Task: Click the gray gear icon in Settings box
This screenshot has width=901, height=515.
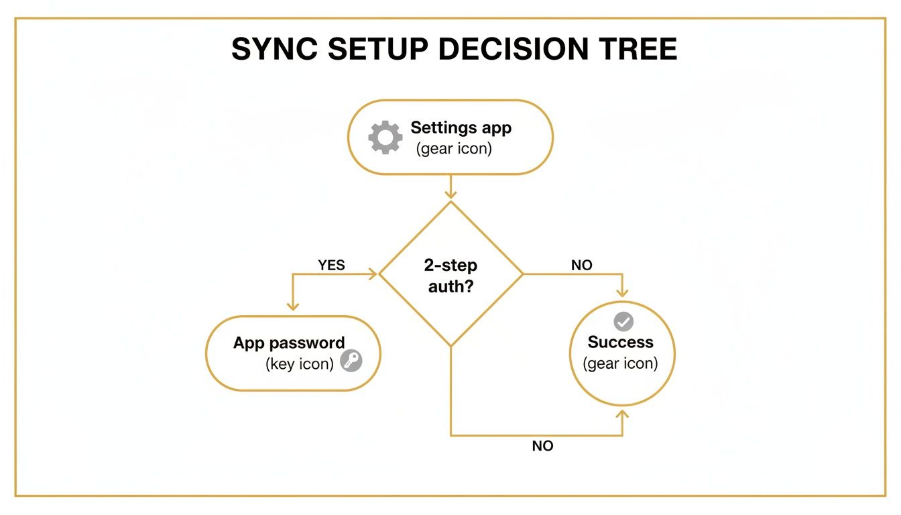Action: pyautogui.click(x=385, y=137)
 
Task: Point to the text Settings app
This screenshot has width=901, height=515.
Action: pyautogui.click(x=461, y=127)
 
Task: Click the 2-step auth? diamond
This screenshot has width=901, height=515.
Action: pyautogui.click(x=450, y=274)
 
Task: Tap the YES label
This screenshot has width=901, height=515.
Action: pyautogui.click(x=331, y=265)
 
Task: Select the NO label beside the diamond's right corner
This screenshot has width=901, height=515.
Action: pyautogui.click(x=581, y=265)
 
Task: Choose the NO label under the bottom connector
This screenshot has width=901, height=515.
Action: pyautogui.click(x=542, y=446)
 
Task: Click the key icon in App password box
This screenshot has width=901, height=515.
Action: pyautogui.click(x=351, y=361)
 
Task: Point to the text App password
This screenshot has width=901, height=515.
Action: pyautogui.click(x=289, y=343)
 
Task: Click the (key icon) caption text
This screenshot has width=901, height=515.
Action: pyautogui.click(x=300, y=364)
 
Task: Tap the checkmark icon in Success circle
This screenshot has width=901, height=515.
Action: pyautogui.click(x=623, y=321)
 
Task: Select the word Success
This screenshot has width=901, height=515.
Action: pyautogui.click(x=620, y=342)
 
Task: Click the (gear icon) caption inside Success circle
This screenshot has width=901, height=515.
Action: pyautogui.click(x=620, y=363)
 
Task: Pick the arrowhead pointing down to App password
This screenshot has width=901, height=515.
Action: pyautogui.click(x=292, y=305)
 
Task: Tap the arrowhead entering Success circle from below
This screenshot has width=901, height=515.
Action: pyautogui.click(x=623, y=413)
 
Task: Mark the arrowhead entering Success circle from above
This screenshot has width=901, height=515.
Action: pyautogui.click(x=623, y=292)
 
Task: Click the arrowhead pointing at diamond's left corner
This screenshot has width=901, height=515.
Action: pyautogui.click(x=373, y=274)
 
